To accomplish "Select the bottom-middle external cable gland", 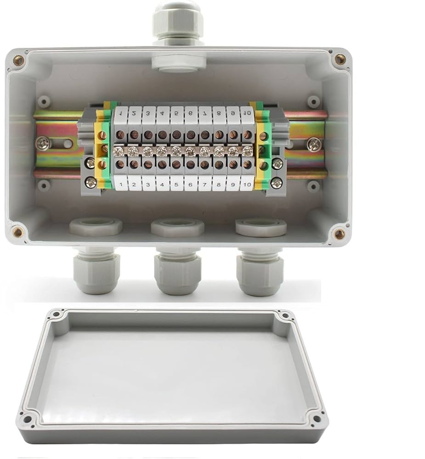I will pyautogui.click(x=177, y=274).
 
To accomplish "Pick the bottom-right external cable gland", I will pyautogui.click(x=260, y=274).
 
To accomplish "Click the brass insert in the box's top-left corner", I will pyautogui.click(x=19, y=60).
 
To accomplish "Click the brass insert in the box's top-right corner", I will pyautogui.click(x=340, y=59).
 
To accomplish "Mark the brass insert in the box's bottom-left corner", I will pyautogui.click(x=18, y=232).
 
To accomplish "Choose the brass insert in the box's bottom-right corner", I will pyautogui.click(x=339, y=234).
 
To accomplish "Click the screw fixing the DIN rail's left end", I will pyautogui.click(x=43, y=144).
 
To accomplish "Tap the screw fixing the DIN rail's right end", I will pyautogui.click(x=314, y=144).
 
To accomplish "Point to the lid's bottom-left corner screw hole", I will pyautogui.click(x=27, y=418).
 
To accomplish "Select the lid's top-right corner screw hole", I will pyautogui.click(x=285, y=316).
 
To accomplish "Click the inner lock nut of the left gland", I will pyautogui.click(x=96, y=227).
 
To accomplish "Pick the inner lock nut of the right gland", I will pyautogui.click(x=261, y=227).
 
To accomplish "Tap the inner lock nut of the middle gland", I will pyautogui.click(x=177, y=227).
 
